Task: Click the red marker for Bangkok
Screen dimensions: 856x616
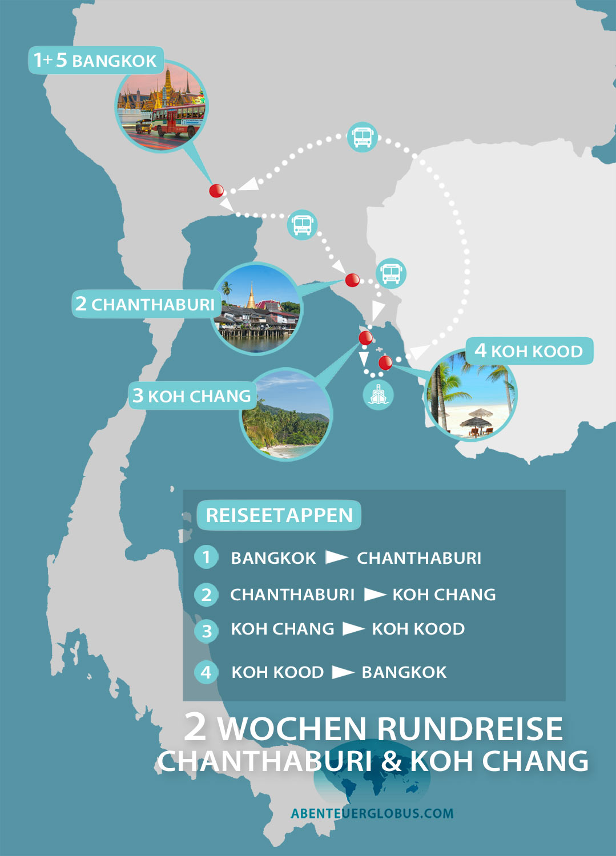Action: pyautogui.click(x=216, y=191)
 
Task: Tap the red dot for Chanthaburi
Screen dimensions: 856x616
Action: pyautogui.click(x=352, y=280)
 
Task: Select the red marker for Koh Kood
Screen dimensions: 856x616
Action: pyautogui.click(x=385, y=362)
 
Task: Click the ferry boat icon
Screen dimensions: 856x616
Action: pyautogui.click(x=378, y=394)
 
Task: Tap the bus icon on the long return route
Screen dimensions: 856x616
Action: pyautogui.click(x=362, y=137)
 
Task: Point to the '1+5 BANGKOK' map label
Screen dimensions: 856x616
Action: pyautogui.click(x=95, y=60)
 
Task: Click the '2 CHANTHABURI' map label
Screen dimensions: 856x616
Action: pyautogui.click(x=145, y=304)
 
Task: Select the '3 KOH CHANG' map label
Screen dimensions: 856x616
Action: pyautogui.click(x=192, y=395)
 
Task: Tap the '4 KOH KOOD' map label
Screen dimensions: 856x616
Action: pyautogui.click(x=529, y=350)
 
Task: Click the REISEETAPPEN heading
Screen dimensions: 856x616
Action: pyautogui.click(x=279, y=515)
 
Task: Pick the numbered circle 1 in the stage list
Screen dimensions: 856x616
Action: pyautogui.click(x=206, y=557)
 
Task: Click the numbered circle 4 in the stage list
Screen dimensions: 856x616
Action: pyautogui.click(x=206, y=672)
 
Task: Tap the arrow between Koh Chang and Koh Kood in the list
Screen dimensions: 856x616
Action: pyautogui.click(x=353, y=629)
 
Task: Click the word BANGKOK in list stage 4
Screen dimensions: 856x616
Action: pyautogui.click(x=404, y=672)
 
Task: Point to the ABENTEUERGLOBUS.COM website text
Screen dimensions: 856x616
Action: pyautogui.click(x=372, y=813)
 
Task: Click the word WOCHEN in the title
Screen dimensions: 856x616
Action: pyautogui.click(x=292, y=729)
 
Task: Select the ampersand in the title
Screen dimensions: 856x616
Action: pyautogui.click(x=391, y=761)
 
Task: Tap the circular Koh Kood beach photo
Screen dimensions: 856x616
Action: pyautogui.click(x=472, y=395)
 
